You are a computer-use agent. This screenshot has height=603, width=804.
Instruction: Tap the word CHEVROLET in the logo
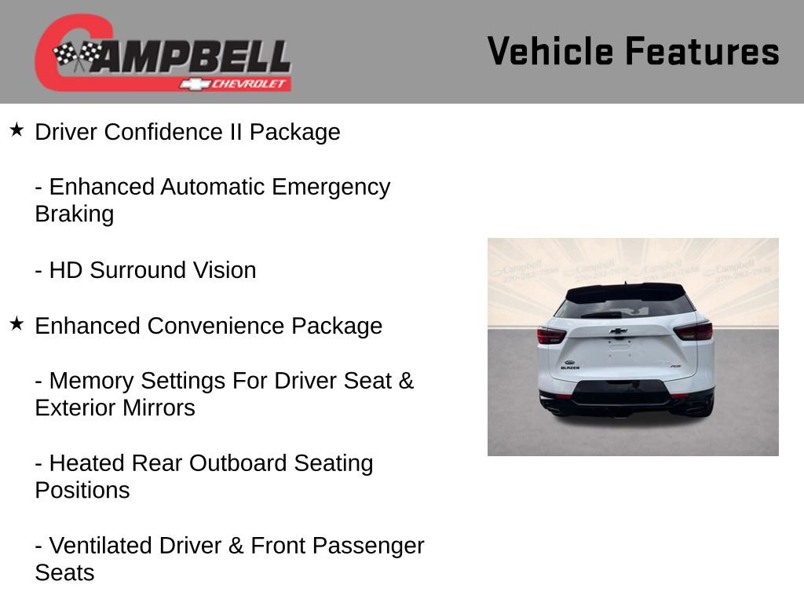click(x=250, y=84)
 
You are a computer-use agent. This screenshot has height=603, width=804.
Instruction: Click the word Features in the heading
click(x=702, y=51)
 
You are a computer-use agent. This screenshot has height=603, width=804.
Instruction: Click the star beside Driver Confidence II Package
click(x=16, y=130)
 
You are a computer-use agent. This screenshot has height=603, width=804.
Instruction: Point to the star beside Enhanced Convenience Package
click(x=16, y=323)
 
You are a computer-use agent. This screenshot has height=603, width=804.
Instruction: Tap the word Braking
click(x=74, y=214)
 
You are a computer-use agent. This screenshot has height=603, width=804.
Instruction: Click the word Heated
click(x=87, y=463)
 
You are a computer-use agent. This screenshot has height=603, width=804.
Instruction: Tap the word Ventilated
click(x=104, y=546)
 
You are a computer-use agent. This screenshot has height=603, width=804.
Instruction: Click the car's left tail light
click(x=551, y=335)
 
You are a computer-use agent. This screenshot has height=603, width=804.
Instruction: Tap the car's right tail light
click(x=693, y=331)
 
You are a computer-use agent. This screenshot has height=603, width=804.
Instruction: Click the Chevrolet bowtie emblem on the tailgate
click(x=618, y=331)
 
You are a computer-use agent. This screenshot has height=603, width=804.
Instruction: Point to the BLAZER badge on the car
click(x=571, y=367)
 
